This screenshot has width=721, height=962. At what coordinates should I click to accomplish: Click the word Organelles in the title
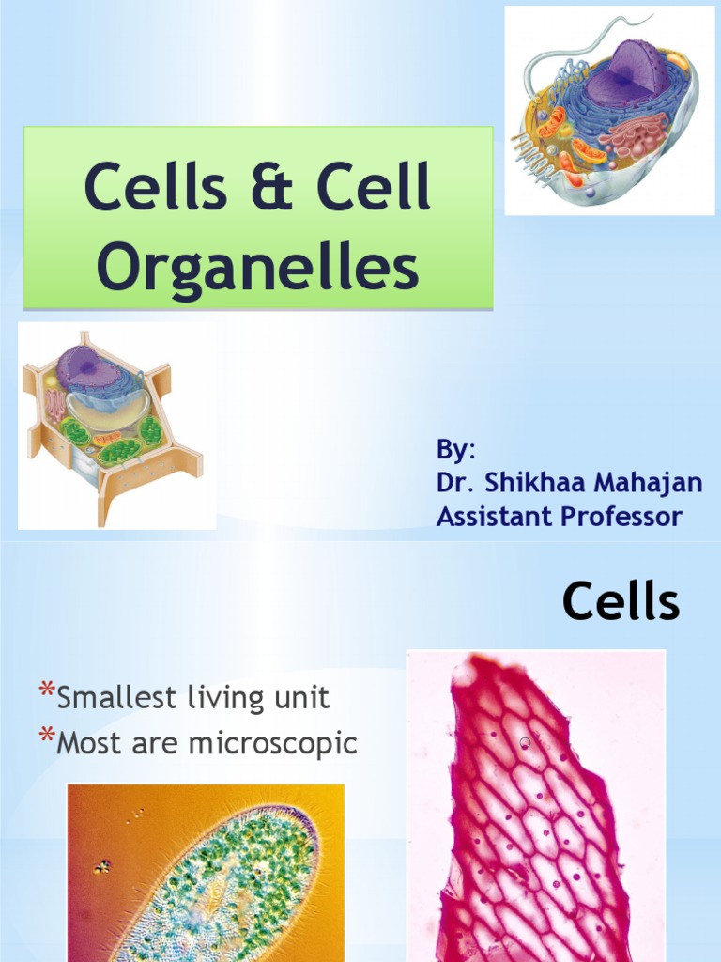(x=257, y=266)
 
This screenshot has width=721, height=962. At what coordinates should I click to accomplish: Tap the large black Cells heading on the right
(x=621, y=601)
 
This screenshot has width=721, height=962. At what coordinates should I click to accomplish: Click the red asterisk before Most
(x=45, y=740)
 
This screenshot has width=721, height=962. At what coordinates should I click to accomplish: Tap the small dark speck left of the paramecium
(x=102, y=866)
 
